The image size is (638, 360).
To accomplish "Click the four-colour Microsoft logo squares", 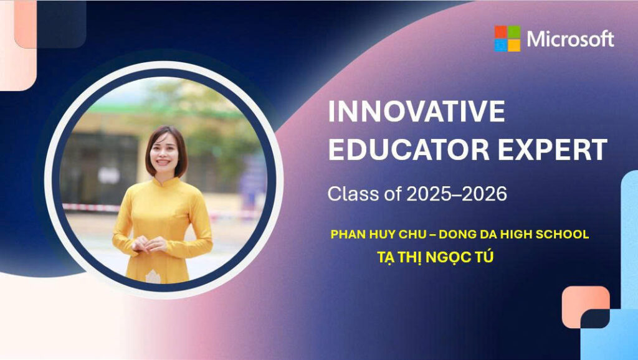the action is [507, 39].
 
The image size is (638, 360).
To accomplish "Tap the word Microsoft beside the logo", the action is [570, 39].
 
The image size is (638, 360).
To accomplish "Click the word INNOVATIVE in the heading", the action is [416, 111].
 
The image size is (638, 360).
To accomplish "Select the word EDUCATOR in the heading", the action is [409, 149].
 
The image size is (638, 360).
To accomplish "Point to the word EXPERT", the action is [553, 149].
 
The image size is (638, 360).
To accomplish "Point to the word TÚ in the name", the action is [482, 257].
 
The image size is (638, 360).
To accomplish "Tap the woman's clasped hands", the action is [149, 245].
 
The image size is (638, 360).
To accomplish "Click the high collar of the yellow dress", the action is [164, 181].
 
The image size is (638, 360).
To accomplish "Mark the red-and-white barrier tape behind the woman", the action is [90, 207].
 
